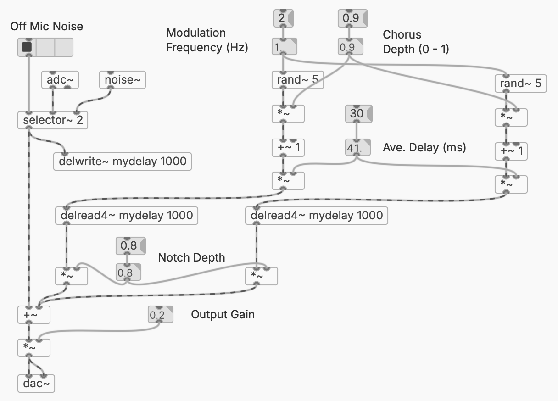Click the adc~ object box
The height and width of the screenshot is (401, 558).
click(60, 81)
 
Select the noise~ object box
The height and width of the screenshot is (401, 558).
click(123, 81)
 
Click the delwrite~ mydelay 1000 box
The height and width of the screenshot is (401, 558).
click(123, 162)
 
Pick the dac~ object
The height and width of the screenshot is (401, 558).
click(36, 384)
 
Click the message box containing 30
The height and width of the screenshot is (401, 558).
click(358, 113)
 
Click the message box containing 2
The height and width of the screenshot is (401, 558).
click(282, 19)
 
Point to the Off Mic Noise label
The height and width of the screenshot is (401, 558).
click(47, 26)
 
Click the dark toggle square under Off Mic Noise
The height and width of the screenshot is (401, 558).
click(27, 47)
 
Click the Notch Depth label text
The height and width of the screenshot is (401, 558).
click(191, 258)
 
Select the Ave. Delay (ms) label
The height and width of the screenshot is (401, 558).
click(424, 148)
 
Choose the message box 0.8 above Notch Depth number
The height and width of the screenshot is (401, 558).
click(130, 246)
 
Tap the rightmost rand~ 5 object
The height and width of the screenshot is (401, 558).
click(520, 84)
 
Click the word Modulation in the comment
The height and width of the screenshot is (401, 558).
click(196, 33)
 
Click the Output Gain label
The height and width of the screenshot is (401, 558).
click(223, 315)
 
